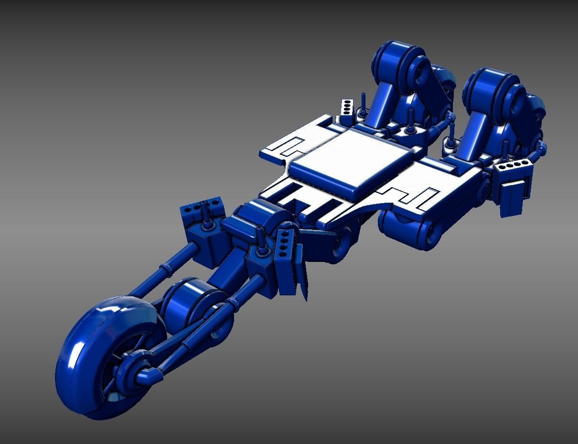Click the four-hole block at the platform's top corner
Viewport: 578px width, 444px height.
coord(347,107)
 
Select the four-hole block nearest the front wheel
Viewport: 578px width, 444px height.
coord(200,208)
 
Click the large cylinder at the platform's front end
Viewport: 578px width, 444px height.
coord(260,222)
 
